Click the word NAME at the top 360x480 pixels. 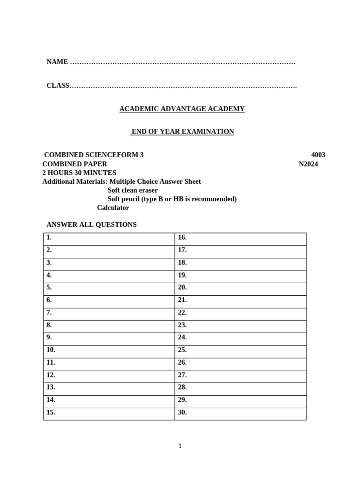[x=57, y=62]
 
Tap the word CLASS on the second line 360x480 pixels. [x=58, y=85]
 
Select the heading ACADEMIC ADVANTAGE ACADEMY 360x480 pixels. [x=182, y=109]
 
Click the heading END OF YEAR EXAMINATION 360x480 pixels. [x=182, y=132]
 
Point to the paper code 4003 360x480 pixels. [x=318, y=155]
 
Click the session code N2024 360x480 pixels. [x=308, y=164]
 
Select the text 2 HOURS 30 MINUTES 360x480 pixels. [x=79, y=172]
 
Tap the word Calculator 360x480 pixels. [x=113, y=208]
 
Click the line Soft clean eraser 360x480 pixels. [x=133, y=190]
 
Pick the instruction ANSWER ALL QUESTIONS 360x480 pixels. [x=91, y=225]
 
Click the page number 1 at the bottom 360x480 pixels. [x=180, y=446]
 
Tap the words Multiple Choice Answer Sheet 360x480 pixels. [x=155, y=181]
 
